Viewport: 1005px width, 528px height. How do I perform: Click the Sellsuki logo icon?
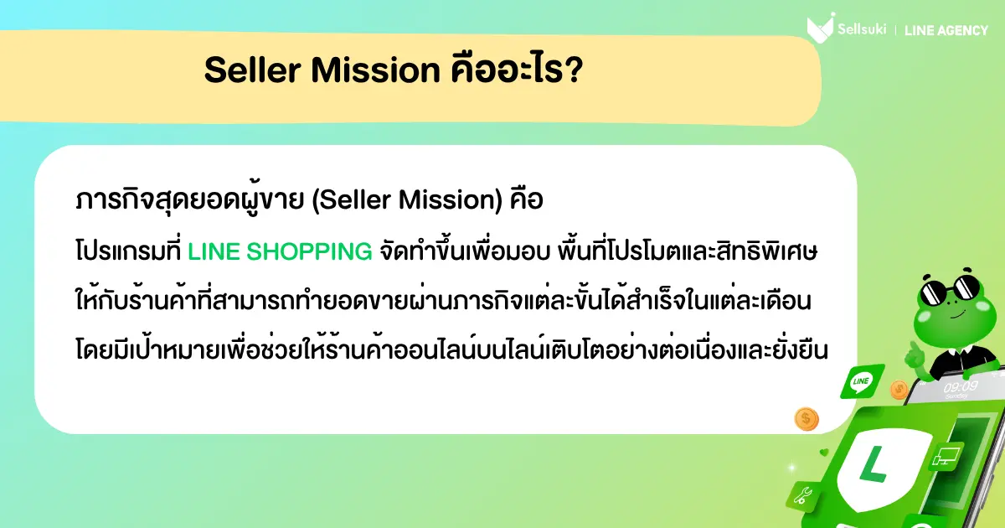pyautogui.click(x=820, y=28)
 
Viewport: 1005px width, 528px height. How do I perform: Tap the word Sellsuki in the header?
pyautogui.click(x=862, y=30)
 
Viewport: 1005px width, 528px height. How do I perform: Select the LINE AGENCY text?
pyautogui.click(x=946, y=30)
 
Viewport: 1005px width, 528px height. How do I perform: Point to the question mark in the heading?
pyautogui.click(x=575, y=71)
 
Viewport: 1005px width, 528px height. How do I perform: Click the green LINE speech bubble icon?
pyautogui.click(x=860, y=381)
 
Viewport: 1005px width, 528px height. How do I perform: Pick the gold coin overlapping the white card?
pyautogui.click(x=807, y=418)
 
